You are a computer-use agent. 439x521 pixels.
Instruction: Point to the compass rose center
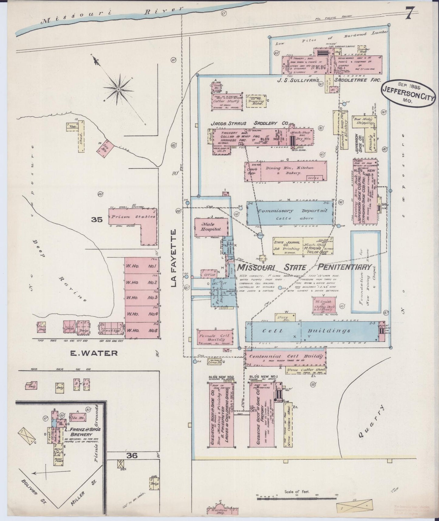click(118, 90)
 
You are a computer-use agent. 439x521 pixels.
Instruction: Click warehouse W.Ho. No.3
click(142, 297)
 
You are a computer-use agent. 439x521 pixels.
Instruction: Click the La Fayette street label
click(174, 258)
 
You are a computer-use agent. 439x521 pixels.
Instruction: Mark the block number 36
click(133, 456)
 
